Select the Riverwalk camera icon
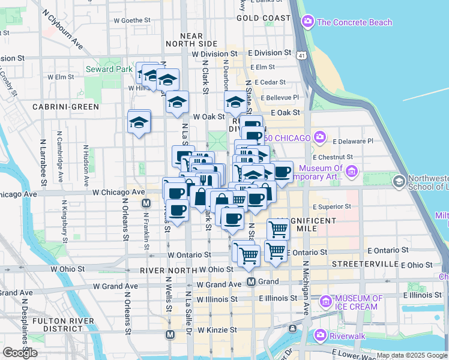[x=320, y=334]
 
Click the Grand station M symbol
[x=252, y=281]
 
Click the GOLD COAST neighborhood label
[x=263, y=18]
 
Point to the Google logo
[x=20, y=353]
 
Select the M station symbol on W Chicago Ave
[x=145, y=204]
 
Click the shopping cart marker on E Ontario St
[x=276, y=250]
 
